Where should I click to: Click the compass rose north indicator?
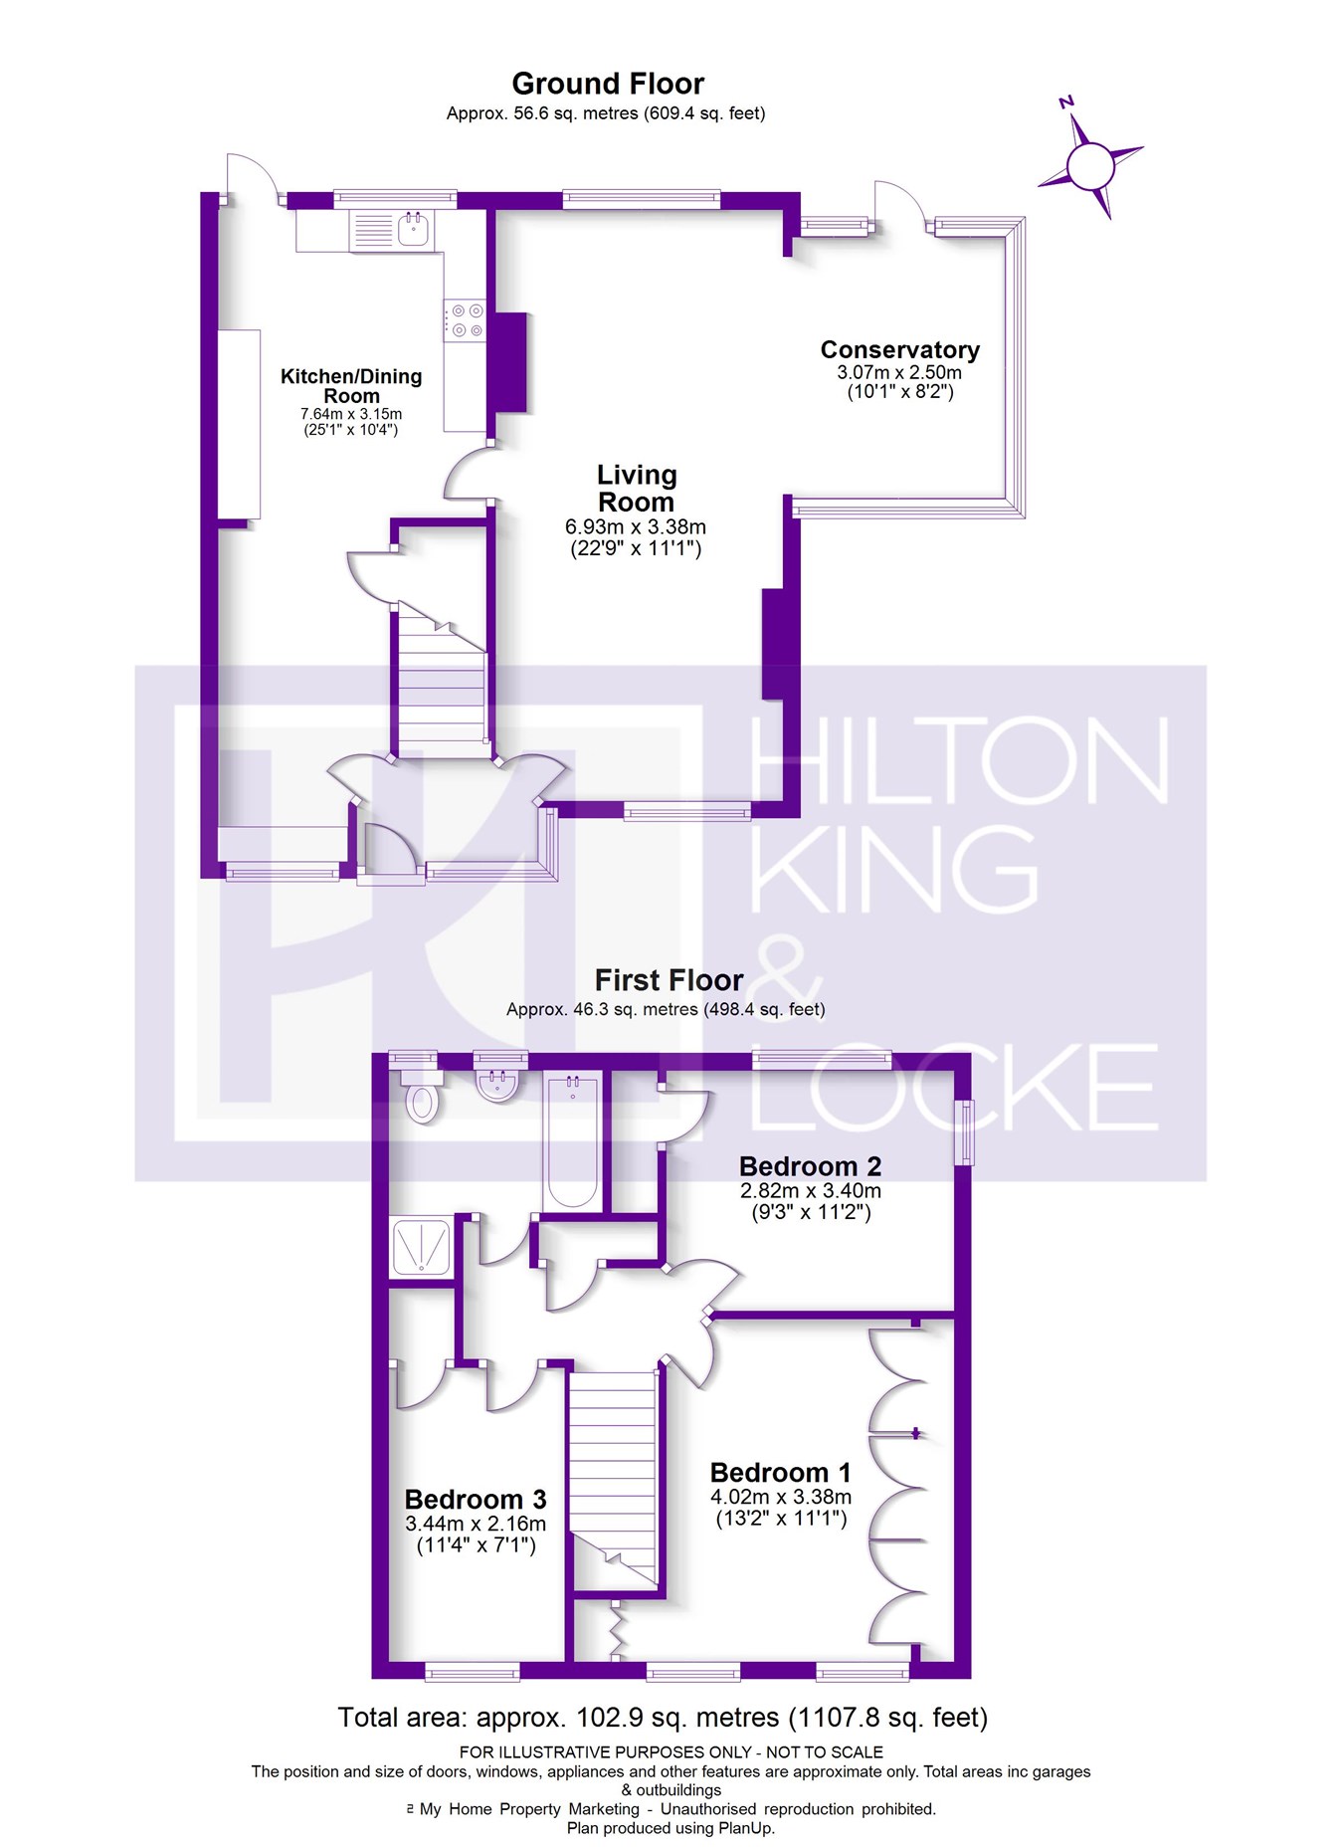[x=1066, y=102]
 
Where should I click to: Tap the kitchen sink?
[x=413, y=230]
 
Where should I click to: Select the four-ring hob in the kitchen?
[x=465, y=320]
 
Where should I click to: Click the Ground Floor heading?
[x=608, y=84]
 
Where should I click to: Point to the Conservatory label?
[x=900, y=350]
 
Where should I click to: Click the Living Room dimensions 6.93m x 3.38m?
[x=636, y=526]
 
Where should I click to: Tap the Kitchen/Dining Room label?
[x=351, y=386]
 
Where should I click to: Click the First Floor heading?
[x=669, y=980]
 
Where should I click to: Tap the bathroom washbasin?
[x=497, y=1083]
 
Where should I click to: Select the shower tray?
[x=422, y=1247]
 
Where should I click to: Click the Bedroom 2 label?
[x=811, y=1166]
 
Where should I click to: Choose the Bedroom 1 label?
[x=781, y=1473]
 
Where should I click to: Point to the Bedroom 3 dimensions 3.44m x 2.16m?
[x=476, y=1524]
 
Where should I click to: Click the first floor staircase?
[x=613, y=1478]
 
